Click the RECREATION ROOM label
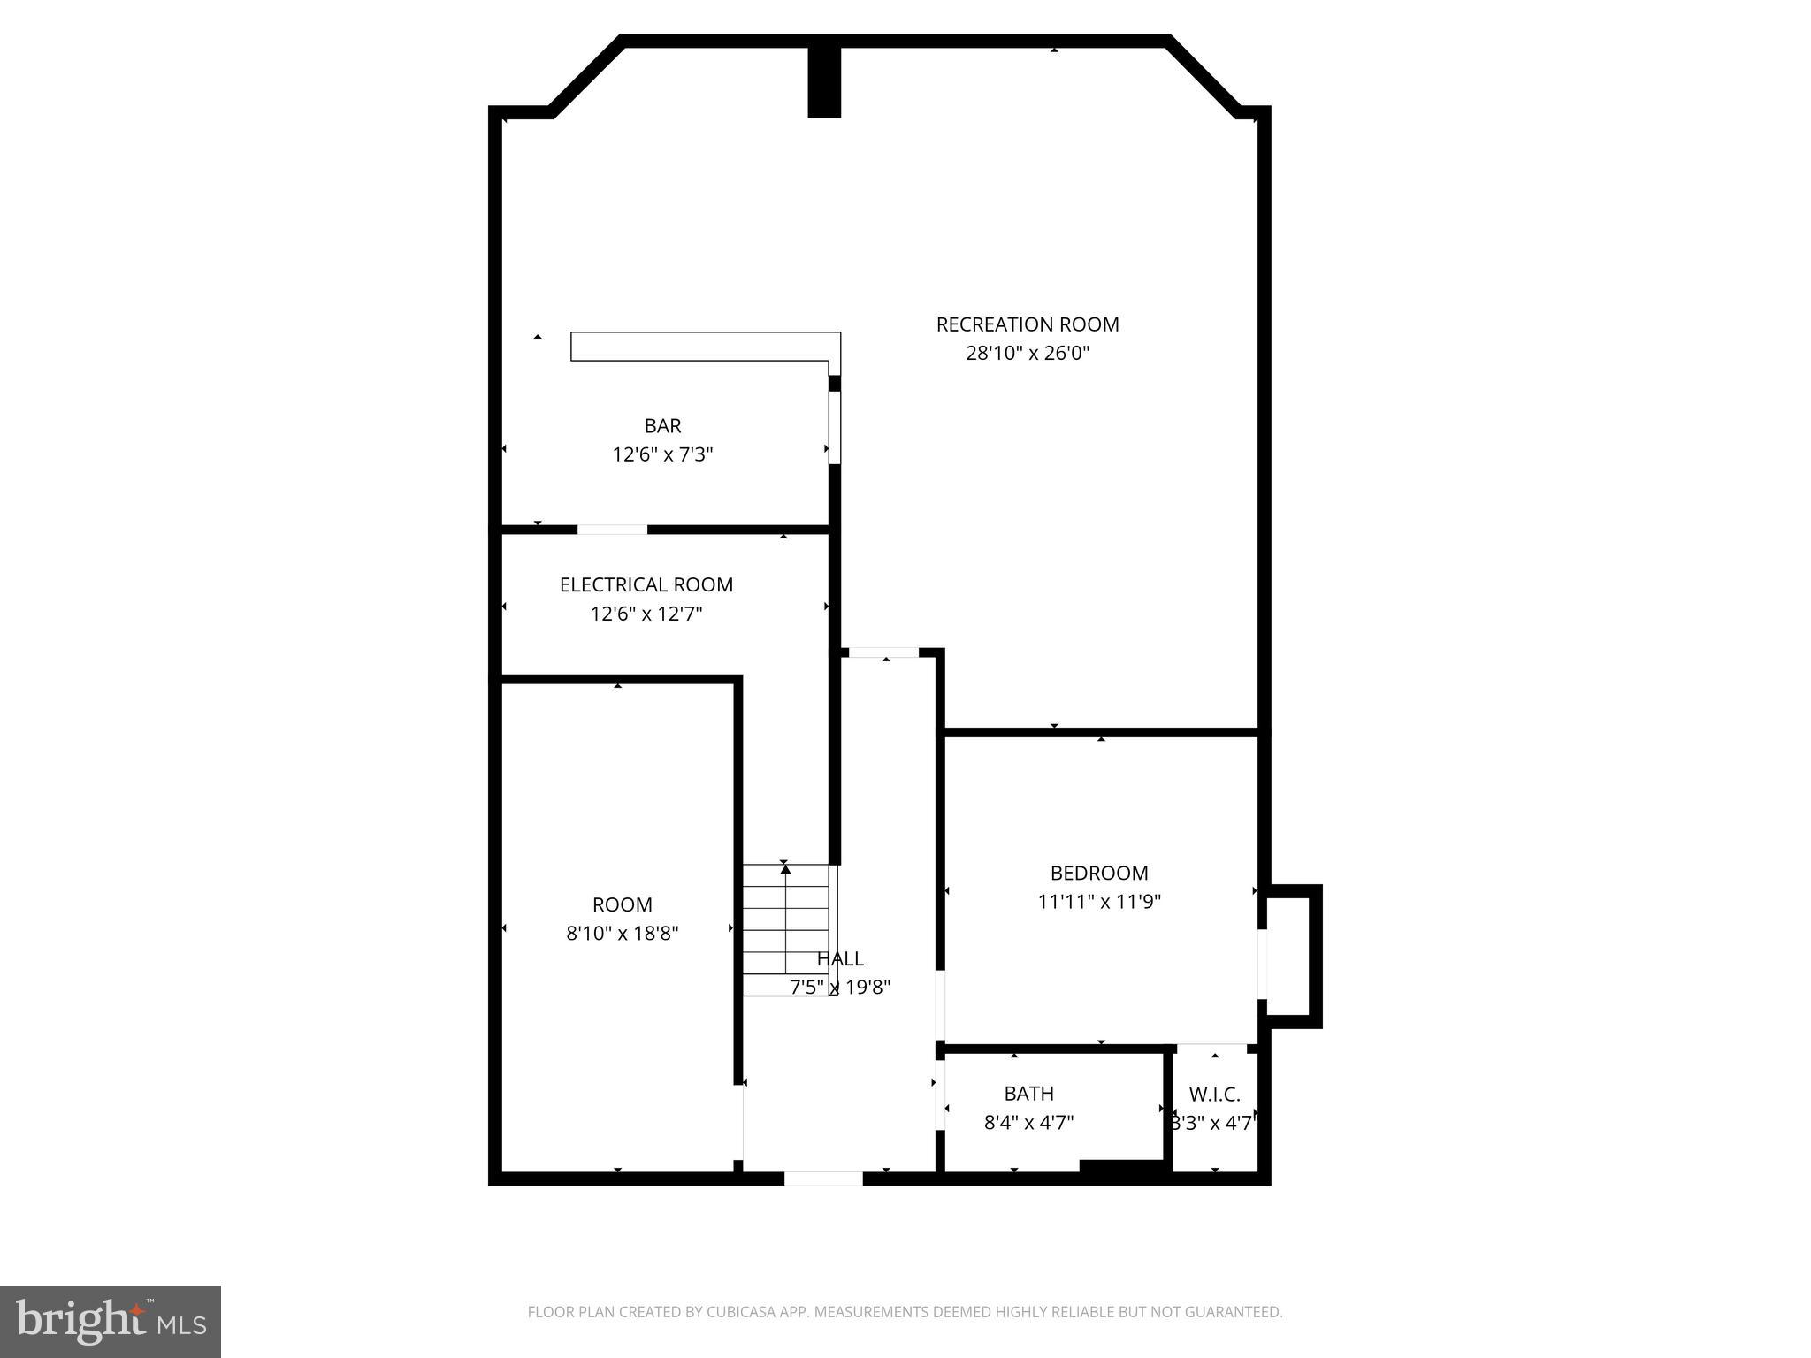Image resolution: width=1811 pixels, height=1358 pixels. [x=1028, y=324]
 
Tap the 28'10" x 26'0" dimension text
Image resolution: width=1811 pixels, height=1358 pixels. [x=1028, y=354]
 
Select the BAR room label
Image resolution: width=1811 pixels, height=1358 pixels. [x=662, y=426]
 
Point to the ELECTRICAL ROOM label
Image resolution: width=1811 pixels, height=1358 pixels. [x=646, y=584]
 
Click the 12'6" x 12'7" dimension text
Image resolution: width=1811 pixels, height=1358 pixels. [x=646, y=614]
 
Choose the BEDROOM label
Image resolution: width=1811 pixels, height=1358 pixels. [x=1099, y=873]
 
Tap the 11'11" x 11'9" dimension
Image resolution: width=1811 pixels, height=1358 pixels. [x=1099, y=902]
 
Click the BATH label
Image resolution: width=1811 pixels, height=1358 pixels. [x=1028, y=1094]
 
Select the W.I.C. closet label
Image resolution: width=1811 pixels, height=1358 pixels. [x=1214, y=1095]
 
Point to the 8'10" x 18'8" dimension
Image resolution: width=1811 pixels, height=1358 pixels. [x=623, y=934]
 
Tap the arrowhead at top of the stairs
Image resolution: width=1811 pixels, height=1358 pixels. [x=785, y=869]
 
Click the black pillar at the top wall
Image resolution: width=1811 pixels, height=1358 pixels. [x=824, y=81]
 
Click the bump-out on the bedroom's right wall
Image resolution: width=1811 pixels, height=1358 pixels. [x=1294, y=956]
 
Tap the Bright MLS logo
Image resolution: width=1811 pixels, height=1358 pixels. [x=111, y=1322]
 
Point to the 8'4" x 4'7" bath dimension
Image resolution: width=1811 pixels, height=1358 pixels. [x=1028, y=1123]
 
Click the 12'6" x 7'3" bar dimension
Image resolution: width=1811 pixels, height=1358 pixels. [x=662, y=454]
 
